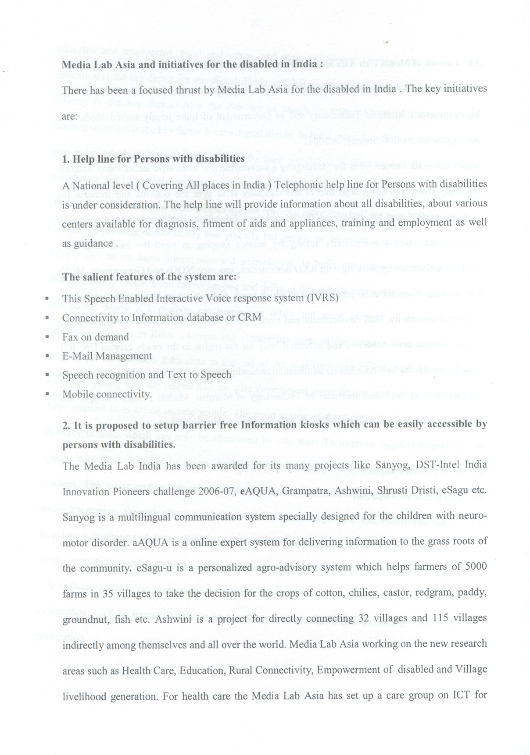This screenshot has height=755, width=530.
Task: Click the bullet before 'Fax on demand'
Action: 47,337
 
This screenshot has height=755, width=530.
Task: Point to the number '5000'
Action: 475,566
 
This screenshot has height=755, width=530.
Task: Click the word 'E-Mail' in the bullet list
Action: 78,356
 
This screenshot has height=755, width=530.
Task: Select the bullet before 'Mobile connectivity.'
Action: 47,393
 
